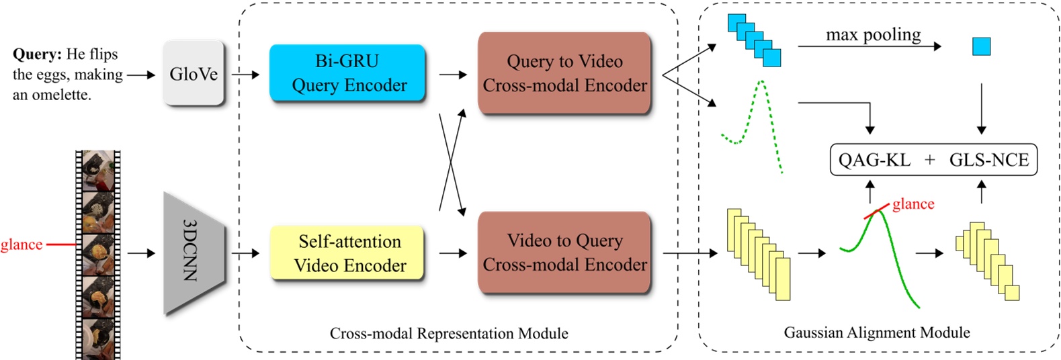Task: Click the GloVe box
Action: (x=194, y=73)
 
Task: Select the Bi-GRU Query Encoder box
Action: (x=347, y=73)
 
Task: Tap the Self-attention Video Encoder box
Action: (x=347, y=253)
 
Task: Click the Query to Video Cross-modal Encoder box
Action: (x=564, y=73)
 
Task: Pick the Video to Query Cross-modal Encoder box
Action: (x=564, y=253)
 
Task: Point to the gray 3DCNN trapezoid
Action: (x=194, y=253)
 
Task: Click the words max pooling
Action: (x=874, y=34)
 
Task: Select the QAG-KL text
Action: (x=874, y=160)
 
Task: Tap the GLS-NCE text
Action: (x=989, y=160)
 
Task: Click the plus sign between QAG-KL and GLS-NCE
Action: (x=930, y=160)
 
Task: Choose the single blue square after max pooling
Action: (x=982, y=46)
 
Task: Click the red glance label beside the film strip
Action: (x=22, y=245)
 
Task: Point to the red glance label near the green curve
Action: (x=913, y=204)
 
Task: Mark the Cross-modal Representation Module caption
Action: (x=449, y=333)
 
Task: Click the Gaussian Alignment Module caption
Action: (x=877, y=332)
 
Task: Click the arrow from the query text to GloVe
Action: (x=141, y=75)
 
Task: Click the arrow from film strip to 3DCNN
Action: (x=141, y=253)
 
